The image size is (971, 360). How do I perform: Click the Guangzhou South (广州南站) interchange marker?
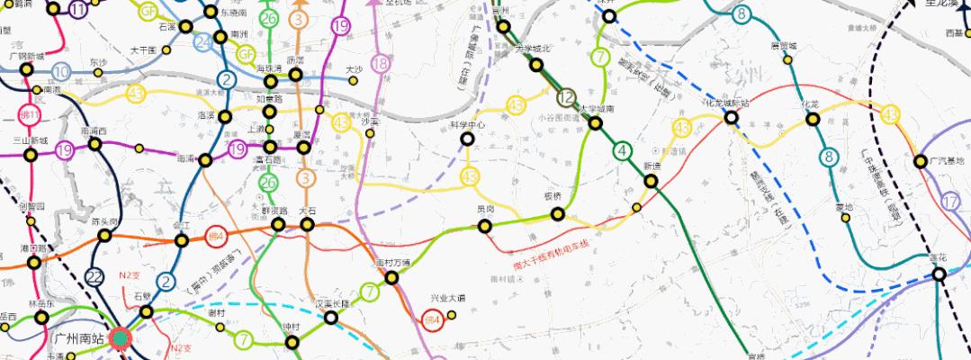(x=120, y=338)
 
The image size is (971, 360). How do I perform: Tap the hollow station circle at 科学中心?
(x=467, y=139)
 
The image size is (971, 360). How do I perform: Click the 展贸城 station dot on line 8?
(x=787, y=60)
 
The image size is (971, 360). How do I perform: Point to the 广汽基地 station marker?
(x=921, y=162)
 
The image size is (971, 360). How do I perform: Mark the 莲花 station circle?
(x=939, y=274)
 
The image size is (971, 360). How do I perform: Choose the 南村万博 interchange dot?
(x=391, y=277)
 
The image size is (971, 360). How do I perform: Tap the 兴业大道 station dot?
(x=452, y=314)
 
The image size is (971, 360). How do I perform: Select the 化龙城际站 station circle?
(x=732, y=116)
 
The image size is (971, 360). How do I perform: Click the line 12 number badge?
(x=566, y=98)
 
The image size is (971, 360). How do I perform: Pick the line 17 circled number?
(x=952, y=202)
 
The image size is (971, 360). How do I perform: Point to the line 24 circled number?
(x=204, y=41)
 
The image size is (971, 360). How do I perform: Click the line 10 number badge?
(x=62, y=72)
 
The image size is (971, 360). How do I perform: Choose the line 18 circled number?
(x=381, y=63)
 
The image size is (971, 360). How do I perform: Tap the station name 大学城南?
(x=597, y=109)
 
